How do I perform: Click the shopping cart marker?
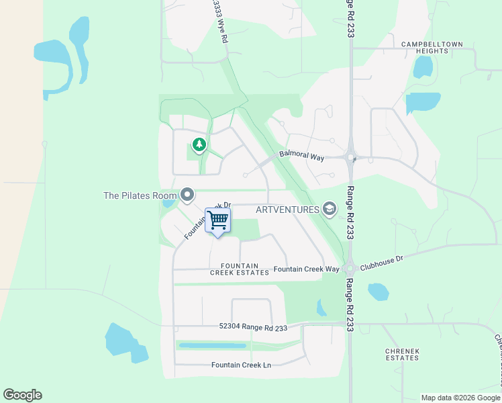217,220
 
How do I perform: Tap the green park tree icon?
199,144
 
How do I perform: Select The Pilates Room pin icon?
187,195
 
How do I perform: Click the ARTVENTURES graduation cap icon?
329,210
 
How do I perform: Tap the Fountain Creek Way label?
306,269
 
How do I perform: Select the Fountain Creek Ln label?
241,365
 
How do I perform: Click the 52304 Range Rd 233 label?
253,328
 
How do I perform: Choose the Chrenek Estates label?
402,355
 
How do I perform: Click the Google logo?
22,395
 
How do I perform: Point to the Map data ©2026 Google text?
460,398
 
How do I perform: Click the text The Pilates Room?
139,195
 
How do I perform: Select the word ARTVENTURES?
287,210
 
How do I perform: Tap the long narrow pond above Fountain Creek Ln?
212,345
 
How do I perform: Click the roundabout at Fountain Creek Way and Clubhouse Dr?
349,269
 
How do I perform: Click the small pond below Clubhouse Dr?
379,292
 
